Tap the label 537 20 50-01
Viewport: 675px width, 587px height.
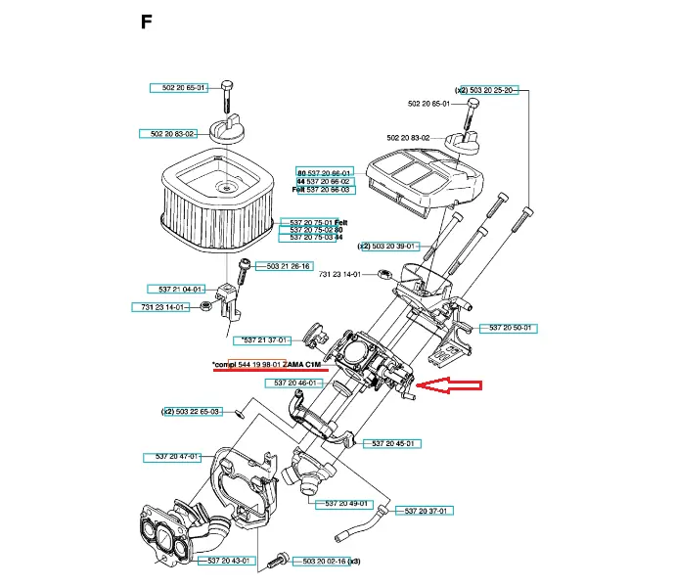pos(512,328)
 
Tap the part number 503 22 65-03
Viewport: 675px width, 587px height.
pos(197,412)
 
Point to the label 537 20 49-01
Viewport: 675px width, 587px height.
pos(345,504)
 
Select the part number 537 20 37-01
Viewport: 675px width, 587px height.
pos(425,511)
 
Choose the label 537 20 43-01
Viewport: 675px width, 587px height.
pos(230,561)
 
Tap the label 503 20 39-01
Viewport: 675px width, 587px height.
pos(393,247)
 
